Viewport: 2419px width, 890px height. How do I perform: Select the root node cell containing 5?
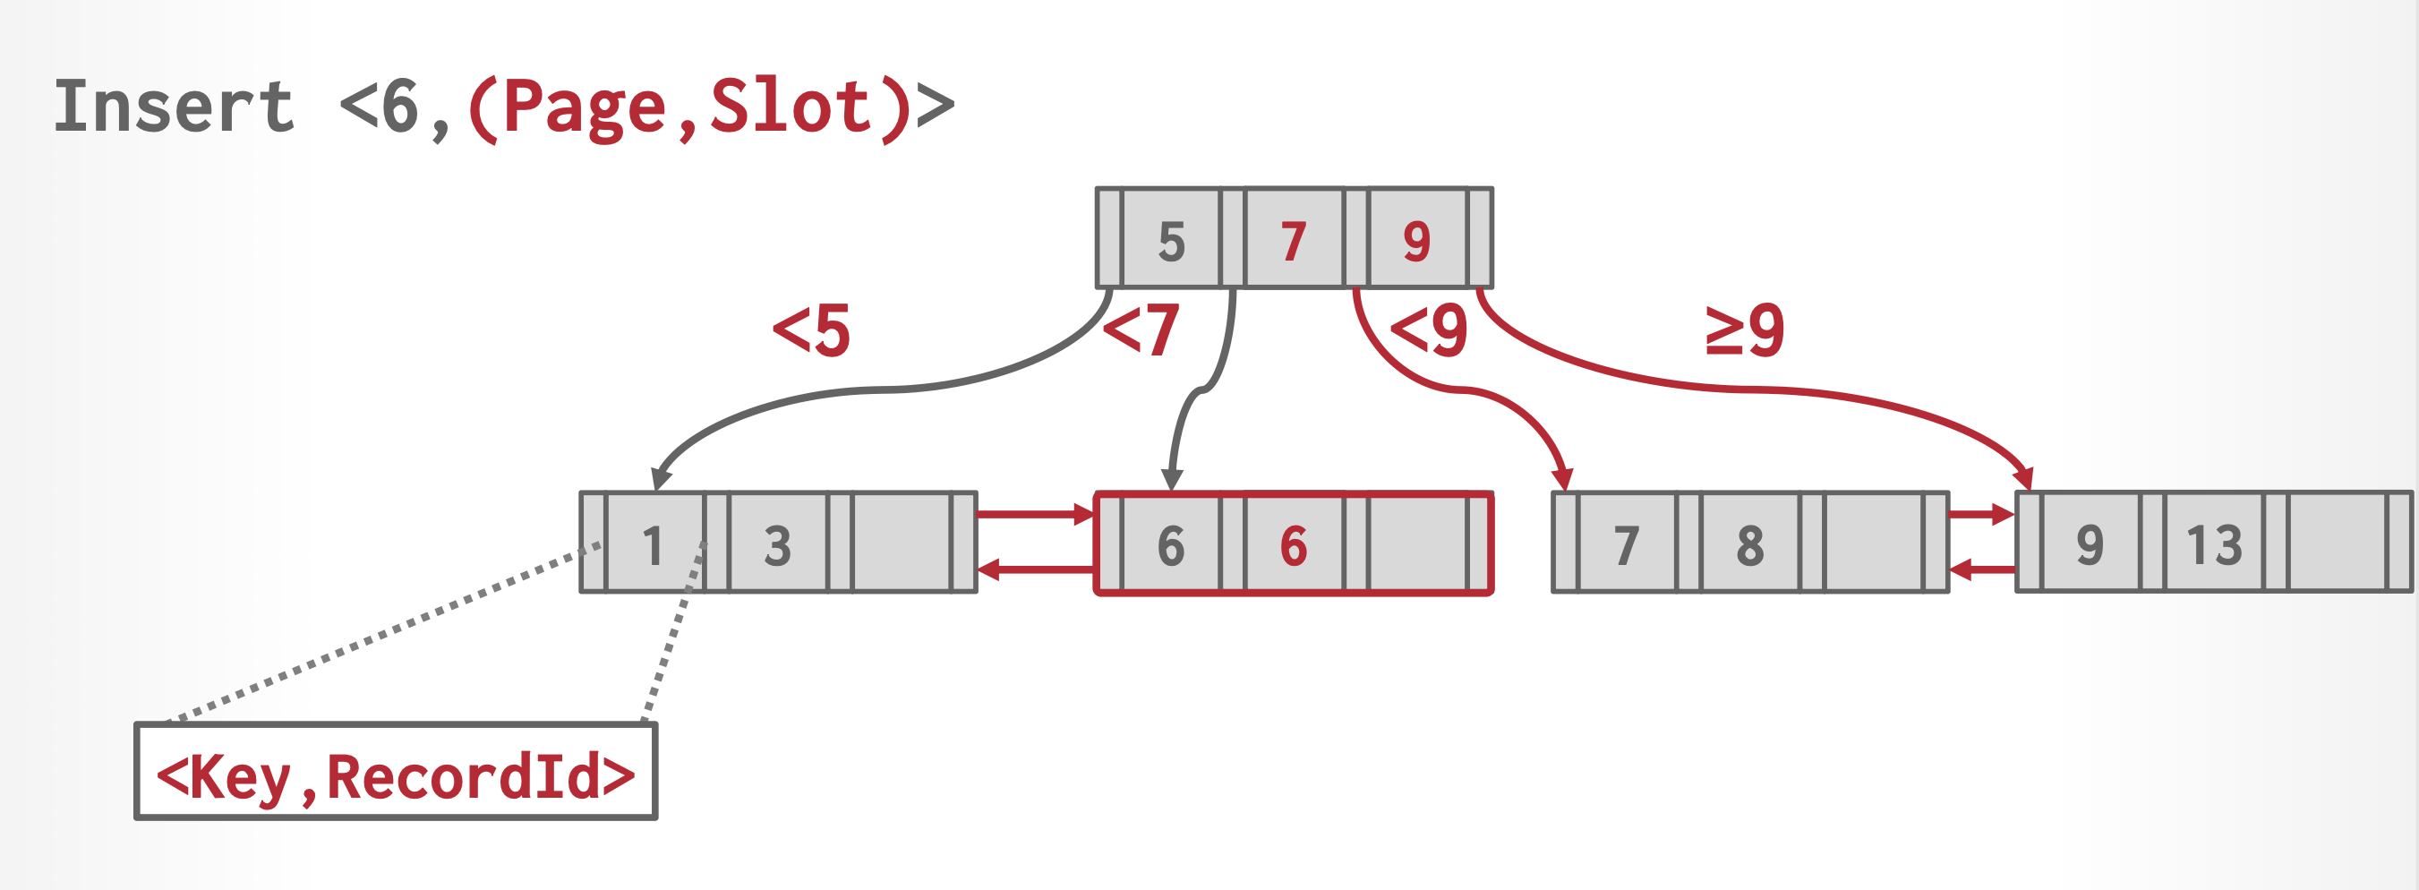coord(1171,240)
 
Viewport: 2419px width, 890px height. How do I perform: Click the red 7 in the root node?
coord(1293,240)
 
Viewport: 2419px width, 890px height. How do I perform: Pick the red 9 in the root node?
coord(1417,240)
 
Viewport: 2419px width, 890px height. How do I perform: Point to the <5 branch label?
coord(811,330)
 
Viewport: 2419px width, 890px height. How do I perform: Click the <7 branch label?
coord(1140,330)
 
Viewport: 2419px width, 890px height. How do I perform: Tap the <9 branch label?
coord(1428,330)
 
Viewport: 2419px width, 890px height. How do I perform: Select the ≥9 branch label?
coord(1745,330)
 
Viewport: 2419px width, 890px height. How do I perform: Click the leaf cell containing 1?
coord(654,544)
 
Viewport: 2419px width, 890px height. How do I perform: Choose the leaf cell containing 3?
coord(777,544)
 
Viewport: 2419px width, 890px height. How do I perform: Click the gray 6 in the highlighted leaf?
coord(1171,544)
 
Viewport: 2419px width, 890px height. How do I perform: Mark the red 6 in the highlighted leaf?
coord(1293,544)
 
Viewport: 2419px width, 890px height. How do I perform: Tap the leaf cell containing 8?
coord(1750,544)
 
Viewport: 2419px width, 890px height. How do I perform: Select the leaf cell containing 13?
coord(2214,544)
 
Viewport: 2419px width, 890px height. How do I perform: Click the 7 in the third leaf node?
coord(1627,544)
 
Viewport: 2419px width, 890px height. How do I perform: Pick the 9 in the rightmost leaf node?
coord(2090,544)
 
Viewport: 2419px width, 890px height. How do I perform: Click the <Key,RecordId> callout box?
coord(396,773)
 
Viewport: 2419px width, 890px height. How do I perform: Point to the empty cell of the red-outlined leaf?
coord(1417,544)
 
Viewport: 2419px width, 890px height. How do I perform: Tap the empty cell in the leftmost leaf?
coord(902,544)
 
